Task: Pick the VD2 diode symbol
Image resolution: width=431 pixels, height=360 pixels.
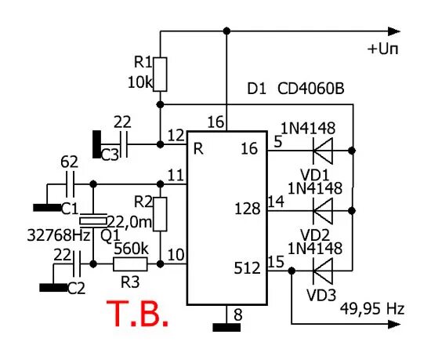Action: [321, 209]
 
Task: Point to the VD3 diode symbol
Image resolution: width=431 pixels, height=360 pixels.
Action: [321, 269]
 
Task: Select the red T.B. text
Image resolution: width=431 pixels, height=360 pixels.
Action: [137, 312]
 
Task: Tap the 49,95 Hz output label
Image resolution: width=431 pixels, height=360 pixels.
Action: [372, 309]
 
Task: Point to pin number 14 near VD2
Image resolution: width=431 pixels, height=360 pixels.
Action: [276, 201]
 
